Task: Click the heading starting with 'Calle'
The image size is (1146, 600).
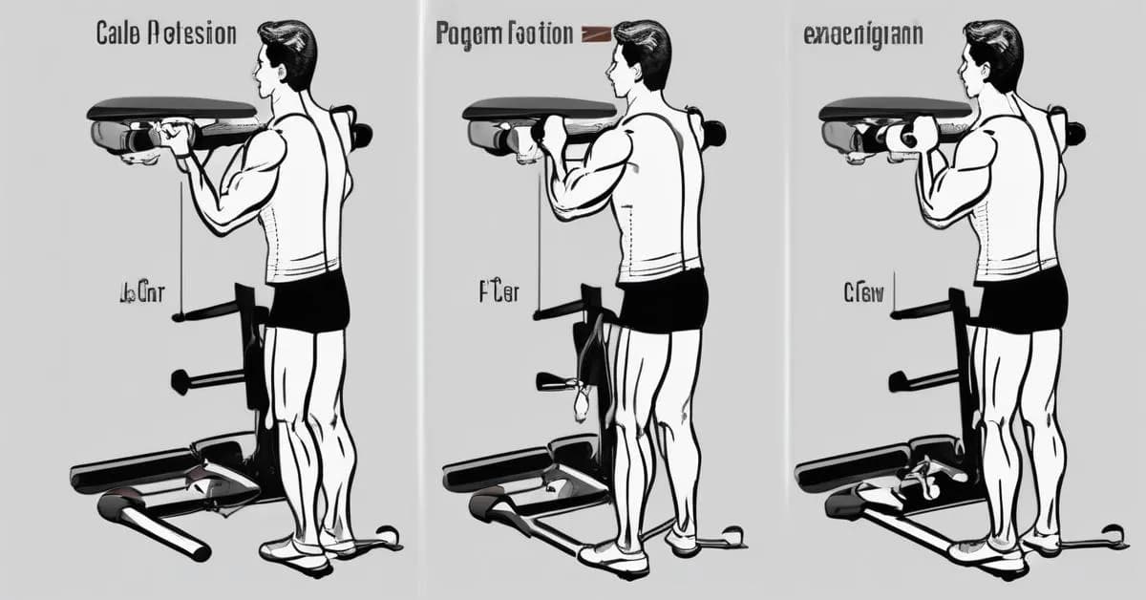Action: pyautogui.click(x=166, y=33)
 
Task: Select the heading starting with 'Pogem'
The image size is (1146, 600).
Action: pyautogui.click(x=504, y=34)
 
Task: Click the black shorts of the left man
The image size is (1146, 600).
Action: pyautogui.click(x=308, y=304)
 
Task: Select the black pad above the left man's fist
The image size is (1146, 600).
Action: pyautogui.click(x=172, y=108)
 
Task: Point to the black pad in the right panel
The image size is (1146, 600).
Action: pyautogui.click(x=894, y=108)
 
